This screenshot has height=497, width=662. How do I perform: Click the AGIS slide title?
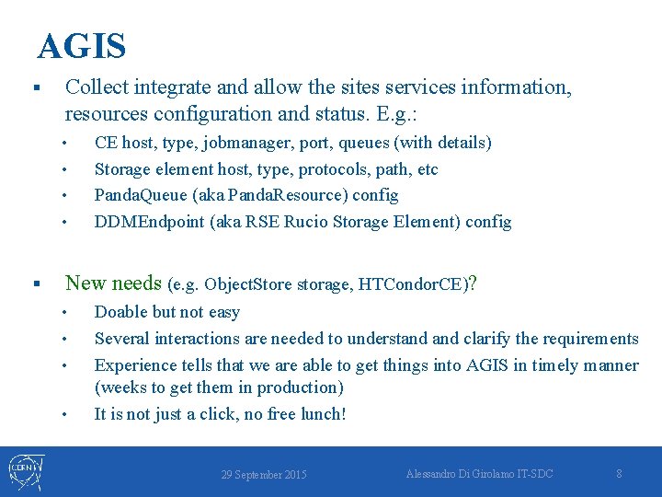[82, 45]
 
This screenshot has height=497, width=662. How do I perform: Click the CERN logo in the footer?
[24, 471]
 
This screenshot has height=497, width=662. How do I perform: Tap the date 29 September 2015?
[264, 475]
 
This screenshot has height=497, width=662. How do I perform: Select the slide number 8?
[619, 473]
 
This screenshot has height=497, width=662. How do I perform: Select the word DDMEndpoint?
[139, 222]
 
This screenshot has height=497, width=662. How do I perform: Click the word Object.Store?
[247, 284]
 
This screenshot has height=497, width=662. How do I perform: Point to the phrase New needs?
[114, 283]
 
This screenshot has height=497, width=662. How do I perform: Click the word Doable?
[120, 312]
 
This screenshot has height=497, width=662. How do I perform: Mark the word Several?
[122, 339]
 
